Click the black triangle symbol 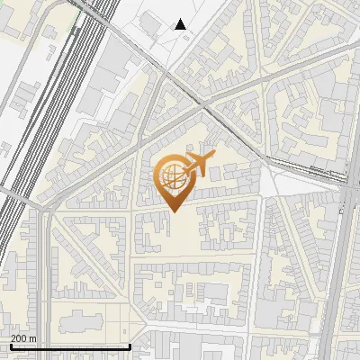181,24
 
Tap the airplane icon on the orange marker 198,165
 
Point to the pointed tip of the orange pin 175,211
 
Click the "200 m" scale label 23,338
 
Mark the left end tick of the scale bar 10,346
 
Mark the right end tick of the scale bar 130,346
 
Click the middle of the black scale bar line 70,347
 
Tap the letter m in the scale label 32,338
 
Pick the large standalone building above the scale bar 76,321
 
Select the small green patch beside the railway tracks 72,29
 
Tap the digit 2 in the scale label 13,338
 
